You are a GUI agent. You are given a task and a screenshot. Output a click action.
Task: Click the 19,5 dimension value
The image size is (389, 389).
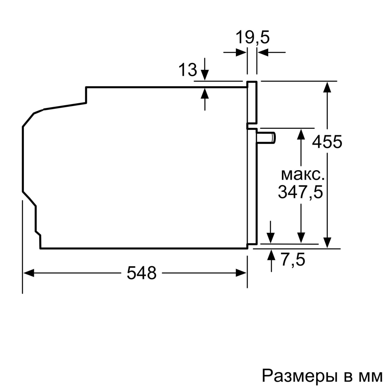point(252,38)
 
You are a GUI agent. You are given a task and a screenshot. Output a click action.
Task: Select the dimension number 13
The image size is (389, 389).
point(188,70)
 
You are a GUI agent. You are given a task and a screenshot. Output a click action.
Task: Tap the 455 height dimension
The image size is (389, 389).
point(327,142)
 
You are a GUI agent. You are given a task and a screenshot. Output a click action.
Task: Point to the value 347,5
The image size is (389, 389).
point(300,192)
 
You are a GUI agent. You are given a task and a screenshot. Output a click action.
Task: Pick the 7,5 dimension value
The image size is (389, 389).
point(293,260)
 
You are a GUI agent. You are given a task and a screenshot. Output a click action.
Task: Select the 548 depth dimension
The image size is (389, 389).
point(141,273)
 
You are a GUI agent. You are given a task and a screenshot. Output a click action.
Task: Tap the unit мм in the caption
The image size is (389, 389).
point(371,376)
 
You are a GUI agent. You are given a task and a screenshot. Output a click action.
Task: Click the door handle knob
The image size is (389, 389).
point(267,137)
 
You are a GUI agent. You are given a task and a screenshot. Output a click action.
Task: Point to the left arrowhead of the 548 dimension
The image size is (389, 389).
point(29,273)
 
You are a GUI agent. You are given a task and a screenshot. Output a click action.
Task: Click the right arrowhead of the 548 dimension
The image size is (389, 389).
point(242,273)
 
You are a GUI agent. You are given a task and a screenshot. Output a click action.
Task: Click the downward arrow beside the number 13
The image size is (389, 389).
point(205,75)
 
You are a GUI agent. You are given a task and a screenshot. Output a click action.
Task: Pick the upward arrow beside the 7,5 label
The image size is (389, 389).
point(271,255)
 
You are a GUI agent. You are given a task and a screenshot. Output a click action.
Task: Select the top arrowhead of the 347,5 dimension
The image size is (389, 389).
point(301,134)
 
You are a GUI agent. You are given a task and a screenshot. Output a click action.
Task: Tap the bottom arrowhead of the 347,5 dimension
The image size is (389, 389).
point(301,237)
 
